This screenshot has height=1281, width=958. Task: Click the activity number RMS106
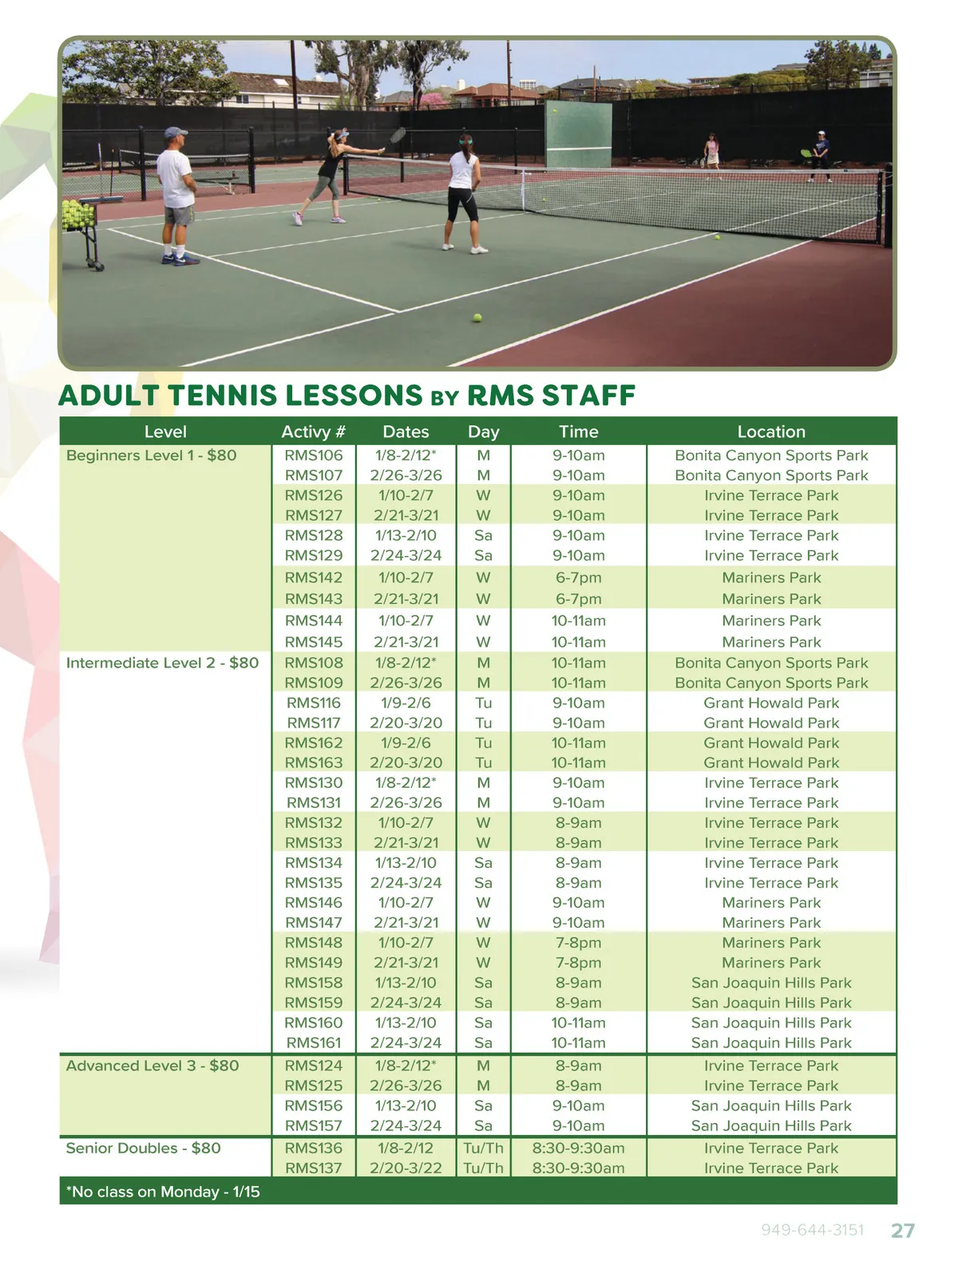314,455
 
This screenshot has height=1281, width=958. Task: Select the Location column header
771,432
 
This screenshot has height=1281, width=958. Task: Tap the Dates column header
406,432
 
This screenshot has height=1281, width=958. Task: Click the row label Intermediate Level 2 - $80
162,663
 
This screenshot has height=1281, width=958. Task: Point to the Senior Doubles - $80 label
143,1148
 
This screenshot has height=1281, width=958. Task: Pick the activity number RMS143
314,599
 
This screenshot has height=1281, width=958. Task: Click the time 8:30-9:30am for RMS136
578,1148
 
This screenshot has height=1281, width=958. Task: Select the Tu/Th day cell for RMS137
483,1168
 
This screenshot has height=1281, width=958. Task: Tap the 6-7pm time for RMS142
578,577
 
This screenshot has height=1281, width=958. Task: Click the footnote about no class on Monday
163,1192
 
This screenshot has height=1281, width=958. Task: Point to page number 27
902,1231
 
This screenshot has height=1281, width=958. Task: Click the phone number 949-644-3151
812,1230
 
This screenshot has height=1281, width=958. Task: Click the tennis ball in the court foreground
477,317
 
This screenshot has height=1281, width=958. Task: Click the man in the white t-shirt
177,194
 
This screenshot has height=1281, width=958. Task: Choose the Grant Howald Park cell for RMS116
771,703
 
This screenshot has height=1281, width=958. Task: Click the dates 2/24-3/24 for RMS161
406,1043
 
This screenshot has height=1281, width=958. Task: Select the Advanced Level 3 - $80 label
152,1066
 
